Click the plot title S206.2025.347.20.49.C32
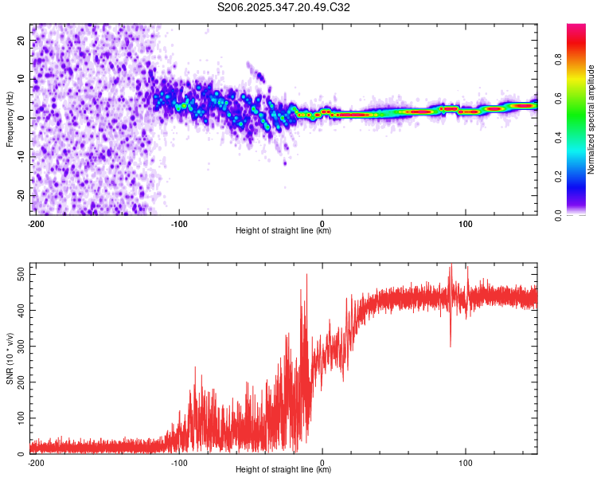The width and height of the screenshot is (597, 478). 284,7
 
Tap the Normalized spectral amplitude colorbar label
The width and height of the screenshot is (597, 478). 591,119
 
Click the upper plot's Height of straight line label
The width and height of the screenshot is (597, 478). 283,231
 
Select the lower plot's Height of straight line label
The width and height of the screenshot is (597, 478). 283,470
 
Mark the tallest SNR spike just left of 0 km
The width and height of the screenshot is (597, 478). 307,276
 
